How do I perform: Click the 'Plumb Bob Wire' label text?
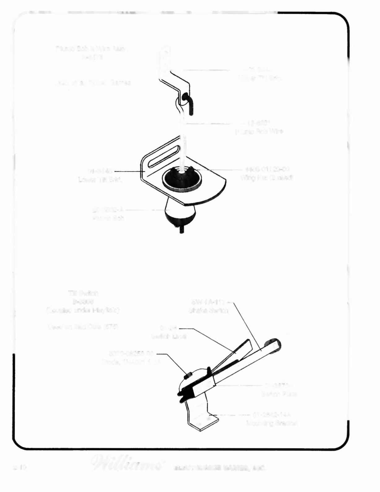[259, 132]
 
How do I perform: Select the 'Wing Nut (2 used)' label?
[267, 178]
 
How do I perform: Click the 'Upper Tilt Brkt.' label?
[260, 78]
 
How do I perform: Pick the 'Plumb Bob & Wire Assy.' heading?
[92, 49]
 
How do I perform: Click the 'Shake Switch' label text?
[208, 310]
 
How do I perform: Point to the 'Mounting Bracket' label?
[272, 423]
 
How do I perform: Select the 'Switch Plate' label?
[279, 394]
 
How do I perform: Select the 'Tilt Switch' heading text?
[83, 293]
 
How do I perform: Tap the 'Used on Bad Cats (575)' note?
[83, 327]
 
